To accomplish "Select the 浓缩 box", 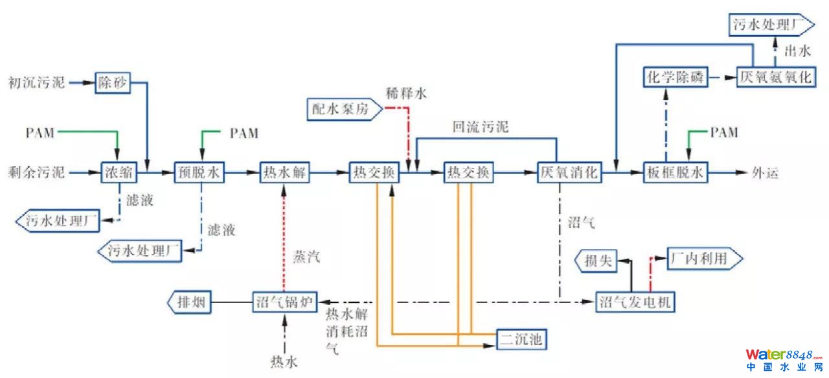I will click(118, 173).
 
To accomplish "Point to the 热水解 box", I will click(286, 173).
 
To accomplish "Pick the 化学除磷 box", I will click(674, 77).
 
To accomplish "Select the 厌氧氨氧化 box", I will click(775, 77).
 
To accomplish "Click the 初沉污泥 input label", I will click(36, 83).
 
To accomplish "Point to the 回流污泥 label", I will click(480, 127).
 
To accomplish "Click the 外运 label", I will click(764, 173).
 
